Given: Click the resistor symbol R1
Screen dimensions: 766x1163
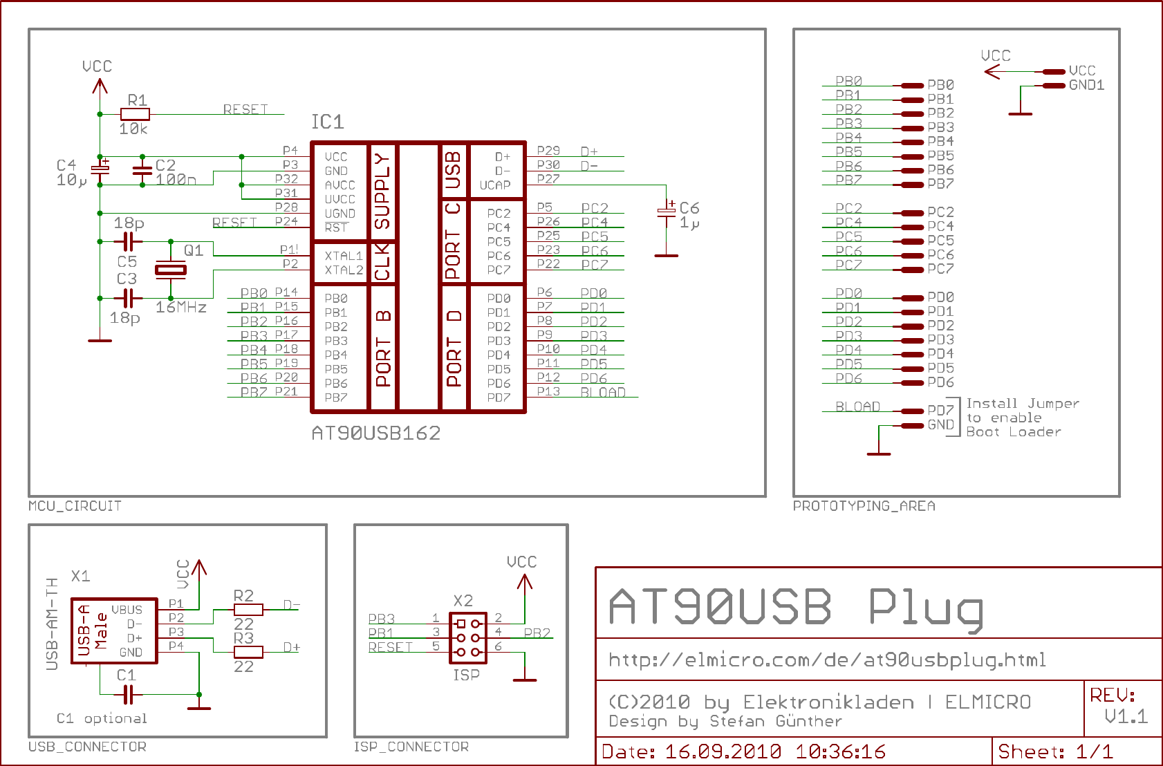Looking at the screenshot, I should (x=135, y=114).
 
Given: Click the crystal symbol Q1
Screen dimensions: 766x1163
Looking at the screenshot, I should (x=170, y=270).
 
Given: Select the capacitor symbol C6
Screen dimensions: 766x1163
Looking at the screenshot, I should (x=666, y=213).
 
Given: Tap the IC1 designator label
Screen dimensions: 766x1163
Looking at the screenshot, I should (x=327, y=122).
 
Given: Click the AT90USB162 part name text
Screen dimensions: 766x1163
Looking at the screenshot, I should (x=375, y=433).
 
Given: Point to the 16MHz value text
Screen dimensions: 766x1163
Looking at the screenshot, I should (x=181, y=308).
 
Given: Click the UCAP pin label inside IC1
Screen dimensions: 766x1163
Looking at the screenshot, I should (x=495, y=185).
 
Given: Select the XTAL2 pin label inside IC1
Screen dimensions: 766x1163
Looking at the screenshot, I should (x=344, y=270).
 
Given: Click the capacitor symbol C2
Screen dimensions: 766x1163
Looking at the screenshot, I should (x=142, y=171).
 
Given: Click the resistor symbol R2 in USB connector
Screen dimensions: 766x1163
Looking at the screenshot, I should (x=248, y=610).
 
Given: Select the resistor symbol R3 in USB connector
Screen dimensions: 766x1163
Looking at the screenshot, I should (x=248, y=652).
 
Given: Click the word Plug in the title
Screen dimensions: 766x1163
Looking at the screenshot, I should (x=926, y=608).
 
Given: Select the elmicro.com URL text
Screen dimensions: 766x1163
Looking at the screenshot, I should (x=827, y=660).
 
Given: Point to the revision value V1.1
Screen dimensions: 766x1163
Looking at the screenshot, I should (x=1126, y=717).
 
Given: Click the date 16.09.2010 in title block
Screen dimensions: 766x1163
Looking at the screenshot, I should (x=723, y=752).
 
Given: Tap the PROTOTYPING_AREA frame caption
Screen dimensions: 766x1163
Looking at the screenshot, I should (x=864, y=506).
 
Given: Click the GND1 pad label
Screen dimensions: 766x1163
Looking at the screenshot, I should (x=1086, y=85).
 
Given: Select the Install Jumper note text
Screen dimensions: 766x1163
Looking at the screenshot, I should (x=1022, y=404).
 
